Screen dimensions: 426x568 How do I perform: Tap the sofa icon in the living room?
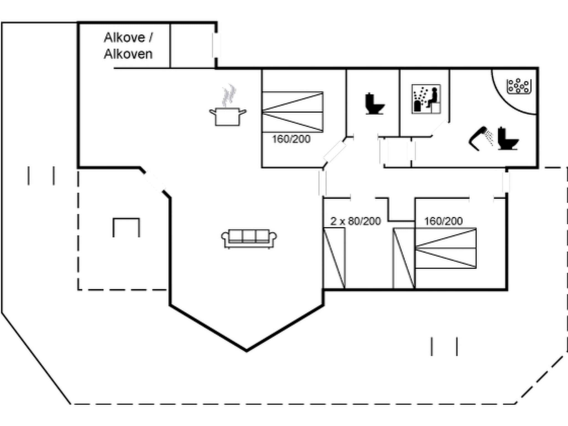[x=249, y=239]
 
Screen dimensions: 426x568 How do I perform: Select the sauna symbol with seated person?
[x=426, y=99]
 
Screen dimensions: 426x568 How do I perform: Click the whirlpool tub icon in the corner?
[x=519, y=86]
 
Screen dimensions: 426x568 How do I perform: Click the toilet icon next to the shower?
[x=508, y=139]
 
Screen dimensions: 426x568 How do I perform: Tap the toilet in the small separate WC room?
[x=374, y=104]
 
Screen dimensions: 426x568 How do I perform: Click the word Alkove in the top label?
[x=124, y=38]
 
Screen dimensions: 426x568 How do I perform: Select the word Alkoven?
[x=128, y=54]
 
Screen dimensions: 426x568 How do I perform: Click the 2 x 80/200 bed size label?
[x=356, y=221]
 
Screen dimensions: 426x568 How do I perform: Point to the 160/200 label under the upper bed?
[x=291, y=139]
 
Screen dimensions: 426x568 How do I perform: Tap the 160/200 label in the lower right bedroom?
[x=443, y=221]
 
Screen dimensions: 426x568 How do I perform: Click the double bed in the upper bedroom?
[x=293, y=112]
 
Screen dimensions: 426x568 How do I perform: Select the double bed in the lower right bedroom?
[x=446, y=248]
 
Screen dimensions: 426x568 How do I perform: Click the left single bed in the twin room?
[x=334, y=258]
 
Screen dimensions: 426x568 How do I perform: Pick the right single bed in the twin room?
[x=404, y=258]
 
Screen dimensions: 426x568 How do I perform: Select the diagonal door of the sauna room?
[x=440, y=128]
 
